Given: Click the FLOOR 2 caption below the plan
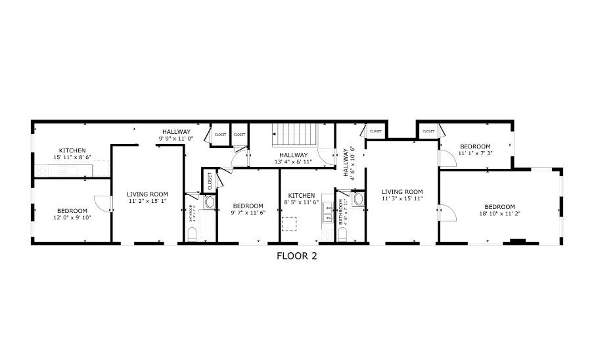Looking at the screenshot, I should point(296,256).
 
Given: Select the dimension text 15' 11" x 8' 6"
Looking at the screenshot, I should point(72,158).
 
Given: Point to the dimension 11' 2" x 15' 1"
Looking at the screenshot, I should point(147,202).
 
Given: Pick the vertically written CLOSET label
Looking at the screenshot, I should point(210,181).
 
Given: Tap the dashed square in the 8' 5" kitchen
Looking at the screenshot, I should point(289,224).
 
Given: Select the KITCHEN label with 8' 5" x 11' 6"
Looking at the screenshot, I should point(301,195).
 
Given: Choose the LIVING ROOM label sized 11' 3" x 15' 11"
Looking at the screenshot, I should point(401,192).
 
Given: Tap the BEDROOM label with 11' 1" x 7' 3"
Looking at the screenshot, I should point(475,146).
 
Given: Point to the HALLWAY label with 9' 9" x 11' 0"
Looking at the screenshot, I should point(176,131).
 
